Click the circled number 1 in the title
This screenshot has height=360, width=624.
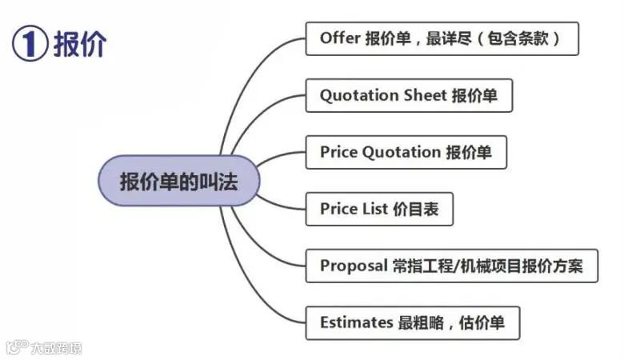click(29, 43)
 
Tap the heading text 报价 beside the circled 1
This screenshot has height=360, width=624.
click(79, 43)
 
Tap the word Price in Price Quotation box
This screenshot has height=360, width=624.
click(340, 152)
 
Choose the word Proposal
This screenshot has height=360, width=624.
click(354, 266)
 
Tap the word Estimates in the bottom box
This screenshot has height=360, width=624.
click(355, 323)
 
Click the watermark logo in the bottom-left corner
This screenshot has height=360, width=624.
click(16, 347)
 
